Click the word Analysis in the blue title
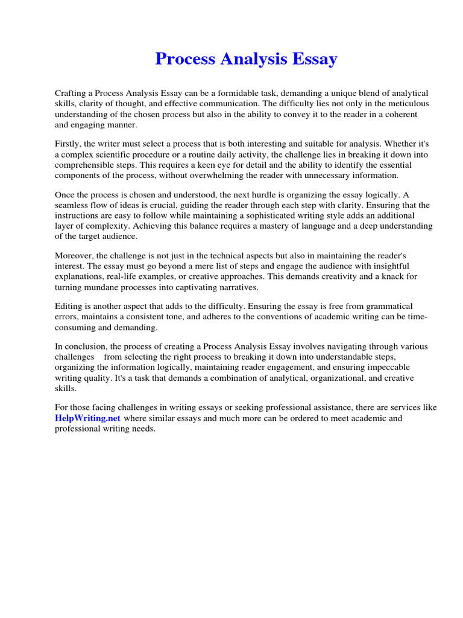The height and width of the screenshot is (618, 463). point(246,59)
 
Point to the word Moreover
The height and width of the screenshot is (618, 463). point(74,255)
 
